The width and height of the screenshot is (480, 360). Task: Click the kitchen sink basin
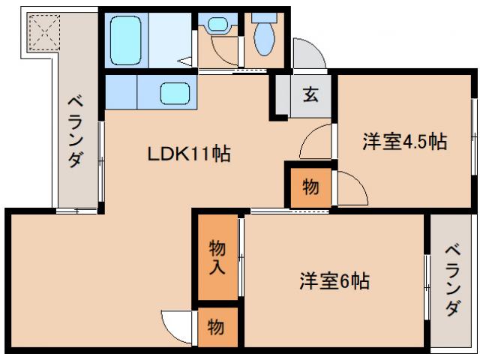click(x=176, y=94)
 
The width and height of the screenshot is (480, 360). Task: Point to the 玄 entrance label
click(x=310, y=95)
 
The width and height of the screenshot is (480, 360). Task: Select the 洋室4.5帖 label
click(x=405, y=141)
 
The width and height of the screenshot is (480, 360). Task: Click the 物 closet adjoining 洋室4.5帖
click(x=309, y=187)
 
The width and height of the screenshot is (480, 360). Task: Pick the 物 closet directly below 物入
click(x=216, y=327)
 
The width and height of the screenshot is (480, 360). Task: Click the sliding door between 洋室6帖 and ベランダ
click(x=427, y=280)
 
